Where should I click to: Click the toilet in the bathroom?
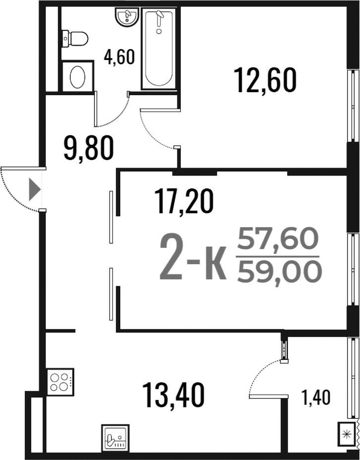pyautogui.click(x=75, y=38)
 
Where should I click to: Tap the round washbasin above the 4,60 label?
pyautogui.click(x=127, y=17)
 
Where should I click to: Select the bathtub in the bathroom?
pyautogui.click(x=159, y=49)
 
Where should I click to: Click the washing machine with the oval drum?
pyautogui.click(x=78, y=76)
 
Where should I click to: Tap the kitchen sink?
pyautogui.click(x=115, y=437)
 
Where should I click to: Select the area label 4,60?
pyautogui.click(x=119, y=57)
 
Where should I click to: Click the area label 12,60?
pyautogui.click(x=265, y=80)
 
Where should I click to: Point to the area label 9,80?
pyautogui.click(x=89, y=148)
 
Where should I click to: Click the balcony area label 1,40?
pyautogui.click(x=316, y=398)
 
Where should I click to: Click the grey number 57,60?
pyautogui.click(x=278, y=238)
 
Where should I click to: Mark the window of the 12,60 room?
pyautogui.click(x=353, y=106)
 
